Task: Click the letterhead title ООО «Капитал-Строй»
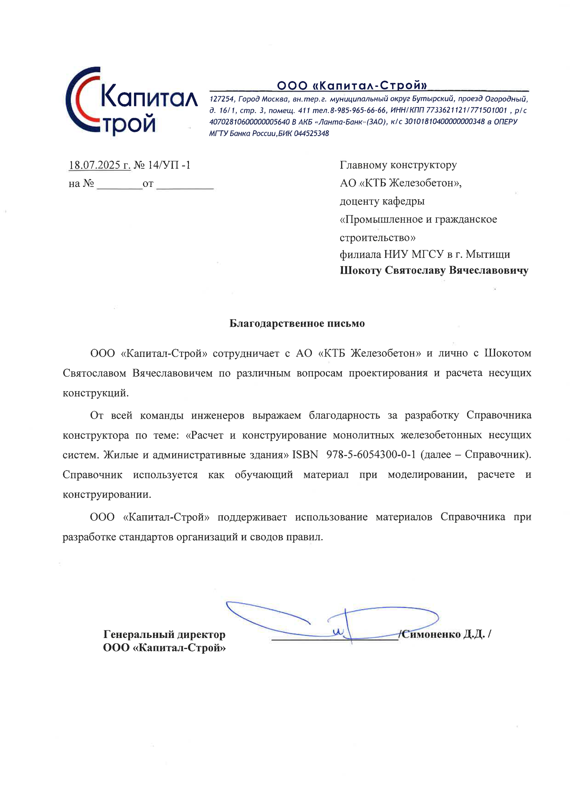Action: coord(352,85)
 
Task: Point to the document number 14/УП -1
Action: coord(169,165)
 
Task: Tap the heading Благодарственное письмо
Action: coord(297,323)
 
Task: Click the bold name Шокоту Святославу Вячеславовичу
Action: coord(434,271)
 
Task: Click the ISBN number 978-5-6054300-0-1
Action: coord(371,455)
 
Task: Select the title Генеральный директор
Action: coord(164,634)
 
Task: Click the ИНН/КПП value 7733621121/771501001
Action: coord(466,111)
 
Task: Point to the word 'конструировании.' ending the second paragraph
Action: coord(107,495)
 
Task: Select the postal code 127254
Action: coord(222,99)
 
